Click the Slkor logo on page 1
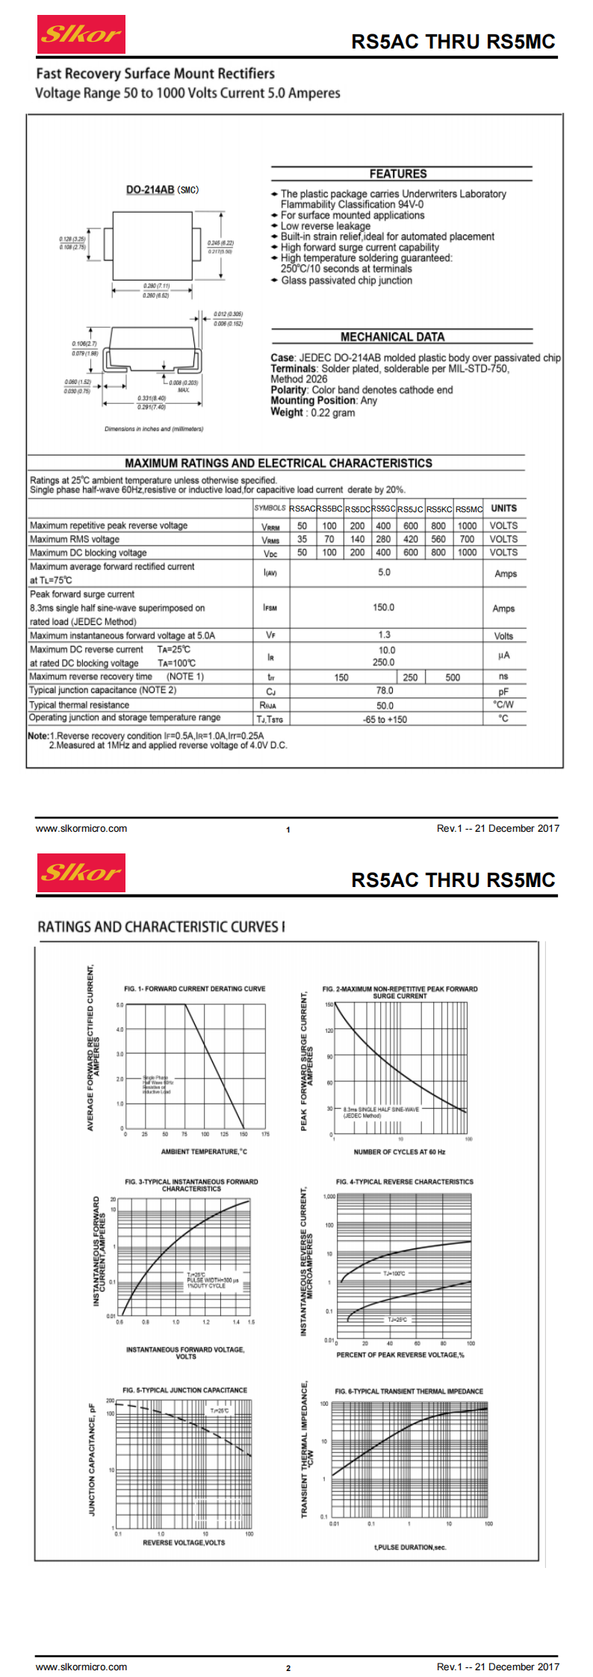pyautogui.click(x=81, y=34)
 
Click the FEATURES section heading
pyautogui.click(x=398, y=174)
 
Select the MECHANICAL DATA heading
pyautogui.click(x=392, y=337)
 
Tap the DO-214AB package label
pyautogui.click(x=150, y=190)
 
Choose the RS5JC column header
pyautogui.click(x=410, y=509)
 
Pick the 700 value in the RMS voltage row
pyautogui.click(x=467, y=539)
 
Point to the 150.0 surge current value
pyautogui.click(x=384, y=608)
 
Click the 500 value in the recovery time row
pyautogui.click(x=453, y=677)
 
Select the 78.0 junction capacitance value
pyautogui.click(x=385, y=691)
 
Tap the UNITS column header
pyautogui.click(x=503, y=508)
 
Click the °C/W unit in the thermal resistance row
pyautogui.click(x=503, y=705)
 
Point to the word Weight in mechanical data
pyautogui.click(x=287, y=412)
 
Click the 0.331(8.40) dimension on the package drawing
pyautogui.click(x=152, y=399)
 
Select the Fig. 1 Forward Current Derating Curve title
pyautogui.click(x=195, y=989)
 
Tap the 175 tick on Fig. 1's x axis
pyautogui.click(x=265, y=1134)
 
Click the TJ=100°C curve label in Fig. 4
pyautogui.click(x=394, y=1273)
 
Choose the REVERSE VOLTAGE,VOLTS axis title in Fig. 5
pyautogui.click(x=184, y=1542)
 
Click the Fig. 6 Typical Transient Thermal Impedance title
pyautogui.click(x=409, y=1391)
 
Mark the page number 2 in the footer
pyautogui.click(x=288, y=1667)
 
